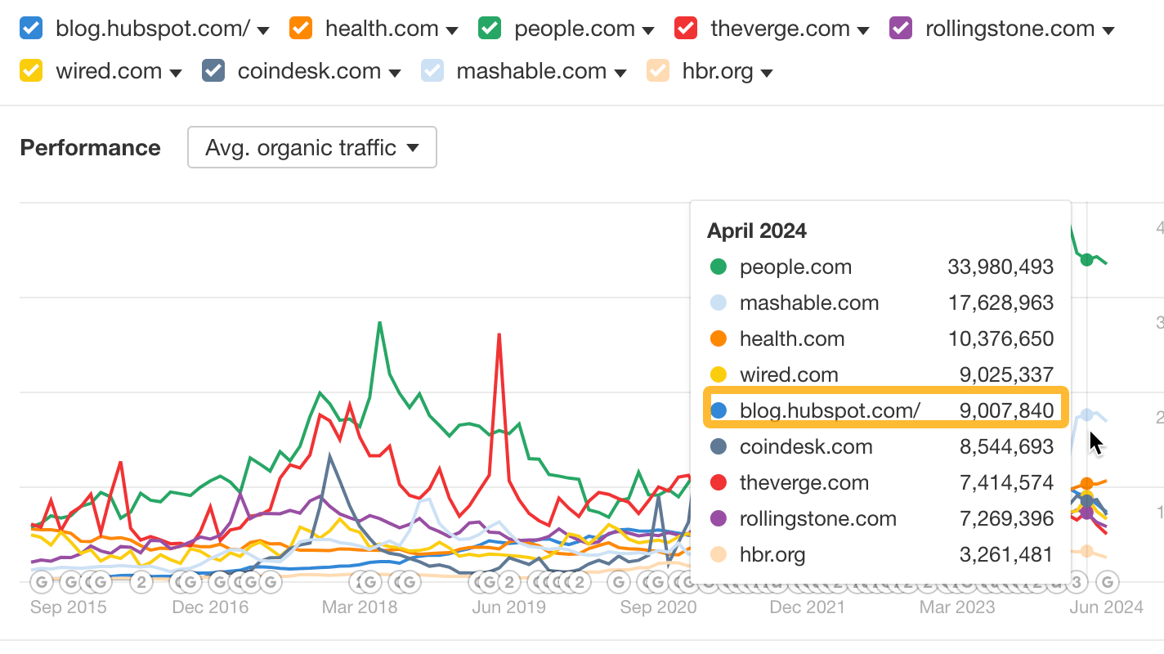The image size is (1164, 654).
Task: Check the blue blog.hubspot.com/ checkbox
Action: [x=31, y=29]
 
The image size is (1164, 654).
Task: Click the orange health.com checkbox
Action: [x=301, y=29]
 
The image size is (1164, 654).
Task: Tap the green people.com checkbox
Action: [x=490, y=29]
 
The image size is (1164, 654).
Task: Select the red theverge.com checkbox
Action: [x=686, y=29]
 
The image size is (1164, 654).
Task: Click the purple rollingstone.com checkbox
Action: [x=901, y=29]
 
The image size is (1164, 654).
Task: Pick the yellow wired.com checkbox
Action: [x=31, y=71]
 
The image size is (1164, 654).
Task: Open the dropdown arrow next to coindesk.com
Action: [x=395, y=73]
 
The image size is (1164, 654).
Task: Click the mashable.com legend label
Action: [x=532, y=71]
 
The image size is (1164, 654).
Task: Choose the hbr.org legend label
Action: [x=717, y=71]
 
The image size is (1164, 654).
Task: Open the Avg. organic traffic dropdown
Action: [x=312, y=148]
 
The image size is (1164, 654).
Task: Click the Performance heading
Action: [x=90, y=148]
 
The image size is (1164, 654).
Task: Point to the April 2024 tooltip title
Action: [x=757, y=231]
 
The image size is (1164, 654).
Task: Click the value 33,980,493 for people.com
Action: [x=1001, y=267]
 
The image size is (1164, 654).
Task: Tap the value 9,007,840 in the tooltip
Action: [x=1006, y=410]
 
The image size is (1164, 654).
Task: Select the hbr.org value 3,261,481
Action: [x=1006, y=554]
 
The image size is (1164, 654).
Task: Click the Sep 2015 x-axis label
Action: [x=69, y=607]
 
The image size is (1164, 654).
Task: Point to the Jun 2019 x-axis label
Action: [x=509, y=607]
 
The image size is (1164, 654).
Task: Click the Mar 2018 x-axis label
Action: [x=360, y=607]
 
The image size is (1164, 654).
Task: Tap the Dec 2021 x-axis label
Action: [x=808, y=607]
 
